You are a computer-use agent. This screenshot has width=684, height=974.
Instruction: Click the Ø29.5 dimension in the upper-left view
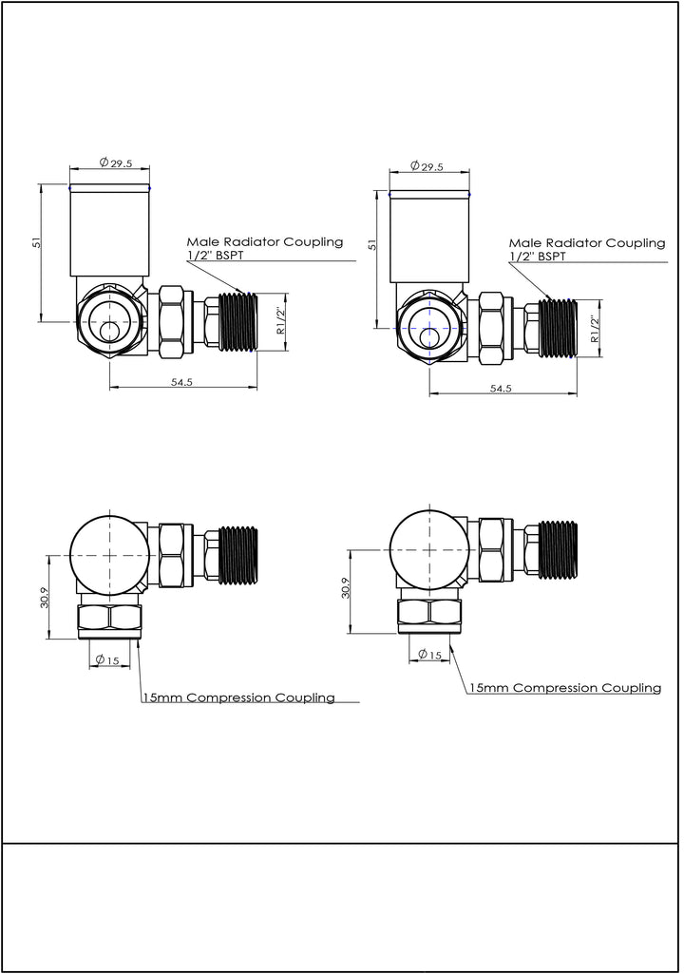(x=115, y=163)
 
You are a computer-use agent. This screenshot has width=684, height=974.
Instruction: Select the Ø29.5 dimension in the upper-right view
(x=427, y=166)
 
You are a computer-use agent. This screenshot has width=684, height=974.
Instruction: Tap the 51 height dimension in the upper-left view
(x=37, y=243)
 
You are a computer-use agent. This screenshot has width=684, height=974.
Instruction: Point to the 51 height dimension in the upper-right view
(x=372, y=243)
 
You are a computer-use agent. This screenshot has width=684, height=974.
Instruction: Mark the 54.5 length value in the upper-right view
(x=501, y=389)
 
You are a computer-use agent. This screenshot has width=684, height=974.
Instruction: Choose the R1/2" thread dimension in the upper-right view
(x=594, y=329)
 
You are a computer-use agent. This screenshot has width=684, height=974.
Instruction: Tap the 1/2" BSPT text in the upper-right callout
(x=538, y=257)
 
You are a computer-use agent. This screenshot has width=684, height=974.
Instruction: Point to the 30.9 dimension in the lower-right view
(x=346, y=591)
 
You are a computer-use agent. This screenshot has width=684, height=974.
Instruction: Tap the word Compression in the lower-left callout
(x=228, y=697)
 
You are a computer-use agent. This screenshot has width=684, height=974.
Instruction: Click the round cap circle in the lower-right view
(x=429, y=549)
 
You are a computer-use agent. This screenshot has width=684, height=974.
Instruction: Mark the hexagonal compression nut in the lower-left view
(x=109, y=621)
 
